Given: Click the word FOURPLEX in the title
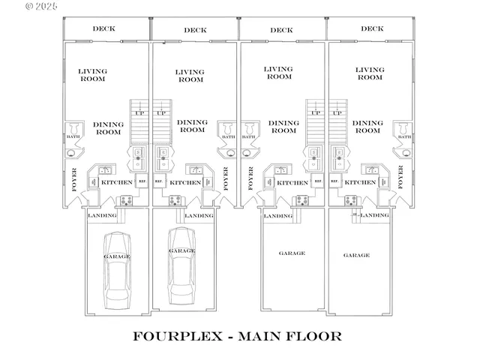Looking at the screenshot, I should point(177,336).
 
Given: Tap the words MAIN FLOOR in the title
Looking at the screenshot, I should point(289,336).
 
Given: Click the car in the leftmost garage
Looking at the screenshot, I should point(116,271).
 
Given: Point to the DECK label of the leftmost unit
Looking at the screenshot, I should point(103,29).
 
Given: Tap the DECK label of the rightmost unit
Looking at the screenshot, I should point(372,29).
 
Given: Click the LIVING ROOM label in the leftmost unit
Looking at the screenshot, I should point(93,75).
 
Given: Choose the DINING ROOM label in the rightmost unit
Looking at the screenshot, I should point(367,127).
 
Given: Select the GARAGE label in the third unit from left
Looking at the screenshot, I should point(292,253).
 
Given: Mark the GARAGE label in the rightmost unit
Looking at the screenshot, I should point(356,255).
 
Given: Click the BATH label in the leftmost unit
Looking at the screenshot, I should point(73,136).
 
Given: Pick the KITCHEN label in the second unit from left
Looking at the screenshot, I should point(185,182).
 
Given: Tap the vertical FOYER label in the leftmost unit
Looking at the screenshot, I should point(74,181).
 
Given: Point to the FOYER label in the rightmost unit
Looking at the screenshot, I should point(400,181).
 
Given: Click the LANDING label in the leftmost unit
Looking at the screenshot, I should point(102,216).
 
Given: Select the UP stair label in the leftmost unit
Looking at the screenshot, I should point(138,113).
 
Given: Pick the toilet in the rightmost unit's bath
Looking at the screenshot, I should point(403,127).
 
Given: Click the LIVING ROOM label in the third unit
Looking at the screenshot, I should point(279,73).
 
